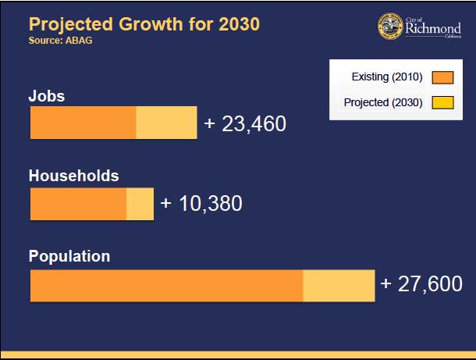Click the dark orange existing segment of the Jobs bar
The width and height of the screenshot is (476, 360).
(x=83, y=123)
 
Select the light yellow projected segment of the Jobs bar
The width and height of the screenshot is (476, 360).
(x=166, y=123)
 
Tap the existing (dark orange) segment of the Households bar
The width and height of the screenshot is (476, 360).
(x=78, y=205)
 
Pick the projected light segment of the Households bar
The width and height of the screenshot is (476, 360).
(x=140, y=205)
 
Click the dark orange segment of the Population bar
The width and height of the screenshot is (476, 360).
(x=166, y=286)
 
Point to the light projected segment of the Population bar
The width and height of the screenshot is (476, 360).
(x=339, y=286)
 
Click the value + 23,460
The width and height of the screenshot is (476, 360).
(x=245, y=124)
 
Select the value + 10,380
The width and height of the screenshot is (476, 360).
(x=201, y=204)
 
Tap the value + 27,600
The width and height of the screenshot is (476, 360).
(x=421, y=284)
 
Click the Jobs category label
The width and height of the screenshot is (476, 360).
(x=47, y=96)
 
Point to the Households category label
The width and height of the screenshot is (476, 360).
(x=73, y=176)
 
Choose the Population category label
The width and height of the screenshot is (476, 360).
(x=69, y=256)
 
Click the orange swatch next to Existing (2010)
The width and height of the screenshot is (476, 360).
(x=442, y=77)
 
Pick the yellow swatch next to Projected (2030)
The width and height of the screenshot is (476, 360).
(x=442, y=102)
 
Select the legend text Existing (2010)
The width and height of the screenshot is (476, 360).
(x=387, y=77)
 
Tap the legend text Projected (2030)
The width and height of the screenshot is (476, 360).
(x=383, y=102)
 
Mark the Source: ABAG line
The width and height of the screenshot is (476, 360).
(x=60, y=41)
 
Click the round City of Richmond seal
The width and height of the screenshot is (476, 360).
(x=390, y=27)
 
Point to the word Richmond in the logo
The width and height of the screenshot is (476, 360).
(x=433, y=29)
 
